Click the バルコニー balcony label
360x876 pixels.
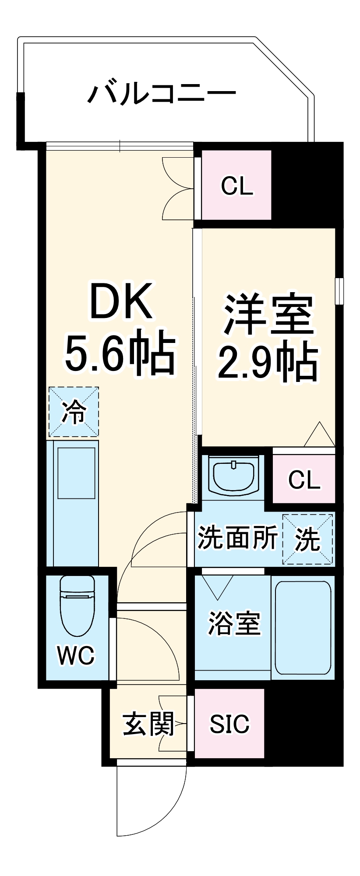point(162,93)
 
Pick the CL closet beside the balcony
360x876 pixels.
point(237,186)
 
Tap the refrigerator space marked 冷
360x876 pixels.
point(74,412)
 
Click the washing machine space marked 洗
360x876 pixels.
point(307,539)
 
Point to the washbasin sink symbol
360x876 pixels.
point(234,475)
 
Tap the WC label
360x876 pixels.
point(75,655)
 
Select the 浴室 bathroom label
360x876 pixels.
point(234,623)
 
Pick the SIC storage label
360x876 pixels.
point(229,724)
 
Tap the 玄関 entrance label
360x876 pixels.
point(148,724)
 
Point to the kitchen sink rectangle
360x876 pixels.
point(77,473)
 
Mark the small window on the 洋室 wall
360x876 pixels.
point(339,290)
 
